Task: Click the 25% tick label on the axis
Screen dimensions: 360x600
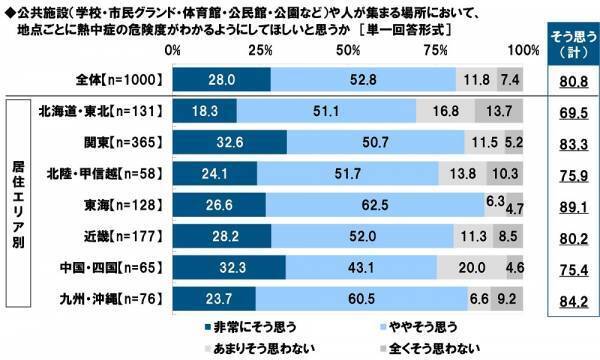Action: [x=260, y=50]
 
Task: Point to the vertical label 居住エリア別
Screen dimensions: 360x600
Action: [x=18, y=204]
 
